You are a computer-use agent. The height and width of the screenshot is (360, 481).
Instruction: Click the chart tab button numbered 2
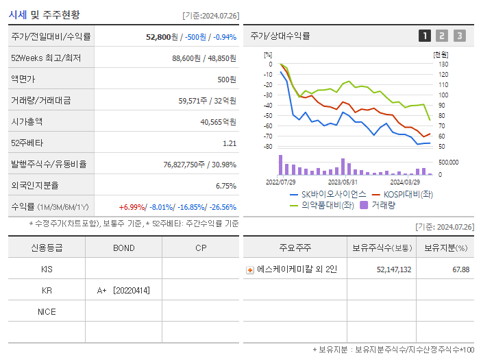pyautogui.click(x=442, y=36)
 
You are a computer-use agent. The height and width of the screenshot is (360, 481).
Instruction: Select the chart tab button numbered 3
pyautogui.click(x=459, y=36)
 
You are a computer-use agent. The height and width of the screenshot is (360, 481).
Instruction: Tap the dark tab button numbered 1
pyautogui.click(x=425, y=36)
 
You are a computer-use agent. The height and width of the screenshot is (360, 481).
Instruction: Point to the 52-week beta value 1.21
pyautogui.click(x=230, y=143)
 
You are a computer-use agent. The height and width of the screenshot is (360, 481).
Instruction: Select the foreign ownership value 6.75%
pyautogui.click(x=225, y=185)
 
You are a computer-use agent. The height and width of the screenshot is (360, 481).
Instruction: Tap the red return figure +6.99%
pyautogui.click(x=132, y=206)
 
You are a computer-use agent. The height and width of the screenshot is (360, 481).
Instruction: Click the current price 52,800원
pyautogui.click(x=162, y=36)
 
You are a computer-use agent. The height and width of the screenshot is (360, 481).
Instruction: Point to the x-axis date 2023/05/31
pyautogui.click(x=343, y=182)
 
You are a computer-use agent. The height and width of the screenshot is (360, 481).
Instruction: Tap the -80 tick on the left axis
pyautogui.click(x=269, y=147)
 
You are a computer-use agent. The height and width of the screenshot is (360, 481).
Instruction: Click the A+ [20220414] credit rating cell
pyautogui.click(x=124, y=291)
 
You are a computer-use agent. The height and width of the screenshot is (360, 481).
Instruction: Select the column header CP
pyautogui.click(x=200, y=248)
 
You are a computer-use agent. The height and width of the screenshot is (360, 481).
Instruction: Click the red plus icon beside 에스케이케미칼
pyautogui.click(x=249, y=269)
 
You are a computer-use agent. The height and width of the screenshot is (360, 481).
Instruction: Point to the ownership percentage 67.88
pyautogui.click(x=460, y=269)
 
